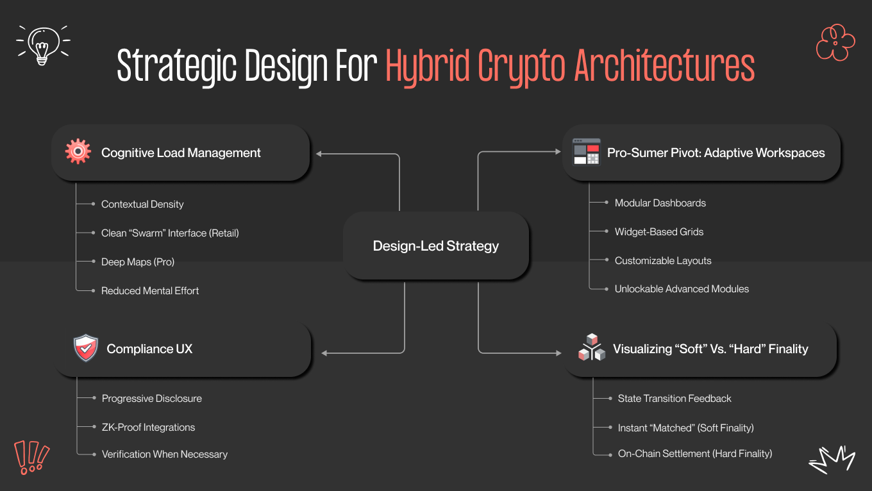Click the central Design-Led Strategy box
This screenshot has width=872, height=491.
[436, 246]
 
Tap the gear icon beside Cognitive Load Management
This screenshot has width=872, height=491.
[78, 153]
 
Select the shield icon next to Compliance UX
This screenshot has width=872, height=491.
[85, 349]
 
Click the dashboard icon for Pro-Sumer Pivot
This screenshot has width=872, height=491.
[586, 153]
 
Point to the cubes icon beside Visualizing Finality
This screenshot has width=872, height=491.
[591, 348]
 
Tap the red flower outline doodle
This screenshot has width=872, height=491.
[835, 42]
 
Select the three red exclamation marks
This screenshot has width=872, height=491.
[31, 457]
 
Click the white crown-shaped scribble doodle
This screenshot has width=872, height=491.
[832, 459]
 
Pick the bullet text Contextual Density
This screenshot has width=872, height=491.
[142, 204]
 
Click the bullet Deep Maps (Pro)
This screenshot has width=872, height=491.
[137, 262]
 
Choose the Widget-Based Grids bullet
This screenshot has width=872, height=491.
[658, 232]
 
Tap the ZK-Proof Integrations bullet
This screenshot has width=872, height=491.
[148, 428]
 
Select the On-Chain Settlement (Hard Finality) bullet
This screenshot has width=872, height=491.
[694, 454]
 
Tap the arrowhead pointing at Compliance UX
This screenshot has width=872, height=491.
[324, 353]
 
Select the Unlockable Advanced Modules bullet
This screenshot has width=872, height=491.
[682, 289]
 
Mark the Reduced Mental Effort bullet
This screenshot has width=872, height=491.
[150, 291]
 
